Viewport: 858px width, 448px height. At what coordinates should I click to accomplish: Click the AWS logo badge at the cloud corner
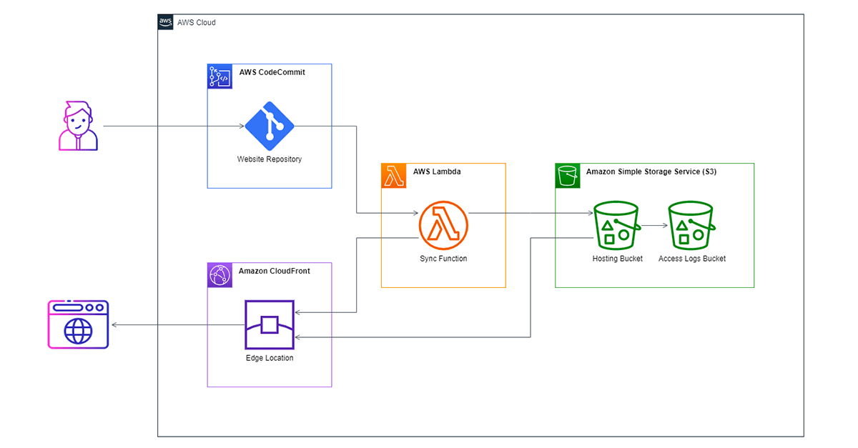165,22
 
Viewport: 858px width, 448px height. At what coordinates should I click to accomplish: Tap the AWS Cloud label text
196,23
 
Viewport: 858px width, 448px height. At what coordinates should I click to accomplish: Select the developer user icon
78,126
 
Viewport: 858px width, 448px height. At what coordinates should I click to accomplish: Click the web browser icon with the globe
78,324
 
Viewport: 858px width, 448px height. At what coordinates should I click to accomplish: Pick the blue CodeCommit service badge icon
220,76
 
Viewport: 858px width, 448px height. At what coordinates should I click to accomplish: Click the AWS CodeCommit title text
272,72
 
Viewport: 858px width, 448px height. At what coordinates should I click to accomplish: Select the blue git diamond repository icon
270,126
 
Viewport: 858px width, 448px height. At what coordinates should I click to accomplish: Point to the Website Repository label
270,159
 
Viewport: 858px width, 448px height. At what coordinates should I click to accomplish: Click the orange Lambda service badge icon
394,176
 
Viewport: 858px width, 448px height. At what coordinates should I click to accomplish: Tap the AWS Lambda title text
437,171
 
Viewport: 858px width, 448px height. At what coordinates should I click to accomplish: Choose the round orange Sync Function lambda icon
443,226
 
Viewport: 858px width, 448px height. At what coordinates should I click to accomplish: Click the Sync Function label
443,259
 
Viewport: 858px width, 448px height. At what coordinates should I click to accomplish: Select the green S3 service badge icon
568,176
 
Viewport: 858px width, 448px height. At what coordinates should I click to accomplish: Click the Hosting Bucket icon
616,226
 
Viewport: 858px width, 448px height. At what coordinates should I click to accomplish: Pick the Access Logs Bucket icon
691,226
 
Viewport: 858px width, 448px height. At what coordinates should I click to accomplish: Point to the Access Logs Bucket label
692,259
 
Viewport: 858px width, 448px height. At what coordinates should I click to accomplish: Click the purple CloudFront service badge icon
220,275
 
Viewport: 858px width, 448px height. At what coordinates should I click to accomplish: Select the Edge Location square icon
270,324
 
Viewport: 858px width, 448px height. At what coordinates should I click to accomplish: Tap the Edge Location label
270,358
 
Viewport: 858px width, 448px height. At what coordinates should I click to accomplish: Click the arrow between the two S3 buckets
655,226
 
